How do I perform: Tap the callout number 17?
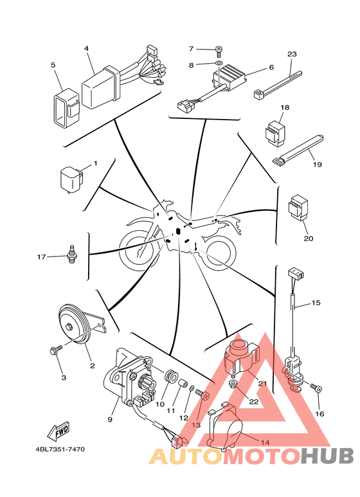(x=42, y=257)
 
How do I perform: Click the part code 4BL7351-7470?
(x=60, y=449)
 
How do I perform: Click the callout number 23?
(x=292, y=54)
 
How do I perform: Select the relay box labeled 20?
(x=298, y=208)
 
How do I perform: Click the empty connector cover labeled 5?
(x=66, y=107)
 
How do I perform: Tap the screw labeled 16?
(x=316, y=387)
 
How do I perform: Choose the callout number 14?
(x=265, y=442)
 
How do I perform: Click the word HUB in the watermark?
(x=327, y=456)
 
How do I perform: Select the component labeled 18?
(x=274, y=133)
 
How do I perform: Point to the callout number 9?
(x=110, y=419)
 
